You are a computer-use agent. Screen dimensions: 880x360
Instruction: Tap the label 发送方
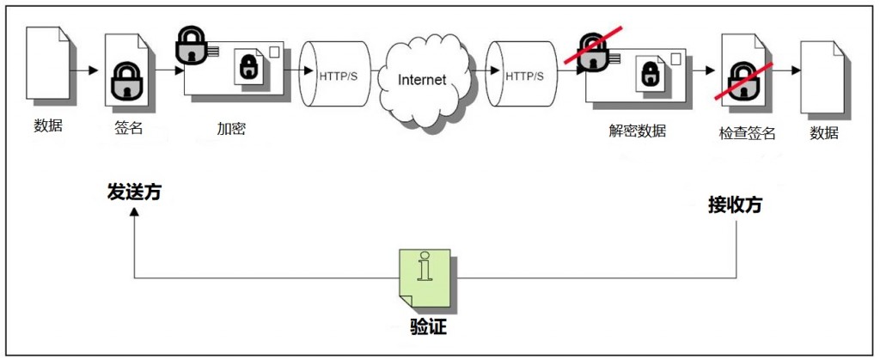coord(134,192)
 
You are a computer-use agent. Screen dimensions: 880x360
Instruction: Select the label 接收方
coord(736,205)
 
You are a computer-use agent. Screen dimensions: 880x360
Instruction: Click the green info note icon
coord(425,278)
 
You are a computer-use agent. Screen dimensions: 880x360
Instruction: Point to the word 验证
coord(428,326)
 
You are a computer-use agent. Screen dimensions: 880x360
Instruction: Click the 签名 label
coord(129,128)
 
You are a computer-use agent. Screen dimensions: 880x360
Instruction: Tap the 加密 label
coord(231,128)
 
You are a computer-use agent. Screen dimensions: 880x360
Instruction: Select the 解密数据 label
coord(638,131)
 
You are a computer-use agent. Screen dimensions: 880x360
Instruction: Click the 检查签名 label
coord(747,133)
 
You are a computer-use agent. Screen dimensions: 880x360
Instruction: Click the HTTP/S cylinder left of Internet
coord(335,73)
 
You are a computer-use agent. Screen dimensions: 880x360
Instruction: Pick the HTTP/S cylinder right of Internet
coord(522,73)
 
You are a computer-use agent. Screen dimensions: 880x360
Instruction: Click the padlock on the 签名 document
coord(127,80)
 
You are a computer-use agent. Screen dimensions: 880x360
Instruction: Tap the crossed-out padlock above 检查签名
coord(743,81)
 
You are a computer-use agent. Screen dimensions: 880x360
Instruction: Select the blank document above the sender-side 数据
coord(48,64)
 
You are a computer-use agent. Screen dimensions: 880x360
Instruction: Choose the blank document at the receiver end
coord(822,76)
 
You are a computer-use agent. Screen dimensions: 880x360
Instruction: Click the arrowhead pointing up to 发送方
coord(134,211)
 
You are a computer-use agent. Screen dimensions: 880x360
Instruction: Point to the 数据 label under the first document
coord(48,125)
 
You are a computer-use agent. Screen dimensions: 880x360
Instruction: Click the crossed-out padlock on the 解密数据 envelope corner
coord(593,50)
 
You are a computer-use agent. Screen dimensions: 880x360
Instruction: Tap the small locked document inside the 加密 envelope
coord(248,65)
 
